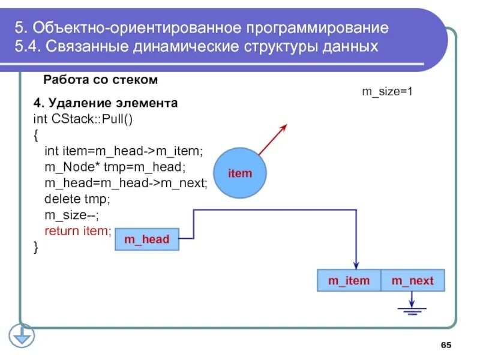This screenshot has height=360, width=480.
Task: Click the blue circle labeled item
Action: (x=239, y=173)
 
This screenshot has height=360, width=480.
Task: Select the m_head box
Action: (x=146, y=239)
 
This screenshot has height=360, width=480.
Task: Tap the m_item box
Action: (x=348, y=280)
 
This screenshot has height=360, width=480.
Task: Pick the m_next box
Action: (x=412, y=280)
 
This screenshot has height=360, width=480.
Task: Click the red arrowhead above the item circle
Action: (x=283, y=128)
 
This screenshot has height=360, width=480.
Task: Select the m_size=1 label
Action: (x=387, y=92)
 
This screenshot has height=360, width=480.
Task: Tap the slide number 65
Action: (x=446, y=344)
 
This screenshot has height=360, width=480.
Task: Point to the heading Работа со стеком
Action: (x=100, y=80)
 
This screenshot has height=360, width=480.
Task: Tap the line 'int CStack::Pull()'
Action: (x=83, y=119)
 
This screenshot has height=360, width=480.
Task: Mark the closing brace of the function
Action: (x=36, y=247)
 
